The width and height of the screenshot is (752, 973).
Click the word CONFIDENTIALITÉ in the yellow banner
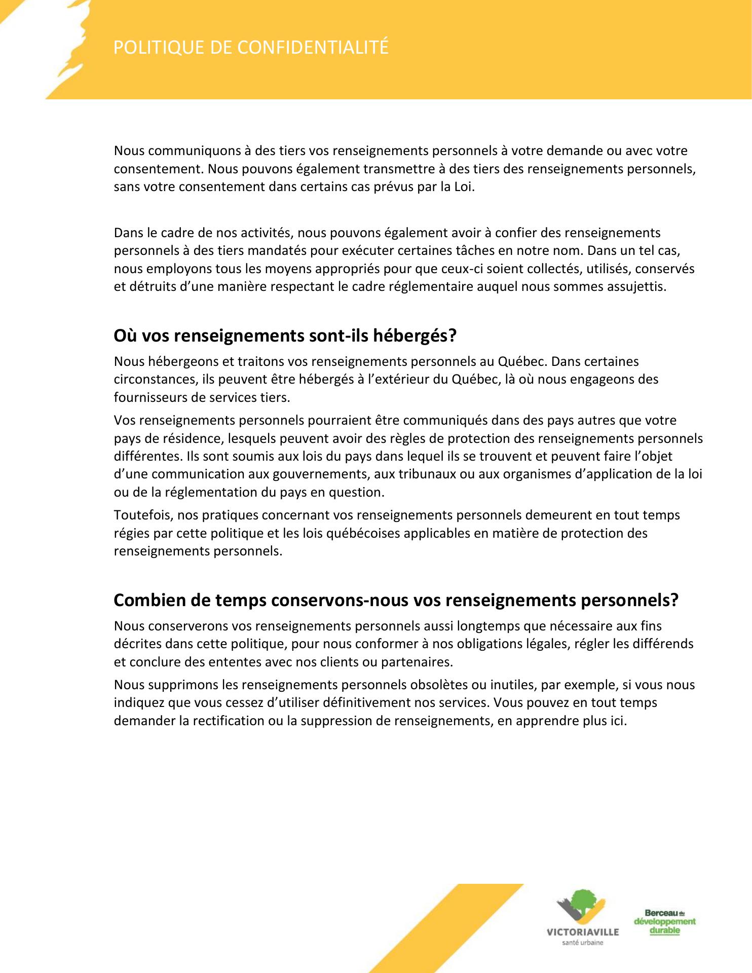pyautogui.click(x=313, y=47)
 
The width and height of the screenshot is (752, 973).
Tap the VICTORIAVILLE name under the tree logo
pyautogui.click(x=583, y=932)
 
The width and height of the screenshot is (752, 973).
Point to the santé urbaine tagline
pyautogui.click(x=583, y=943)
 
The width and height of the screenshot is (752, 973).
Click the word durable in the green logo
pyautogui.click(x=664, y=930)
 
